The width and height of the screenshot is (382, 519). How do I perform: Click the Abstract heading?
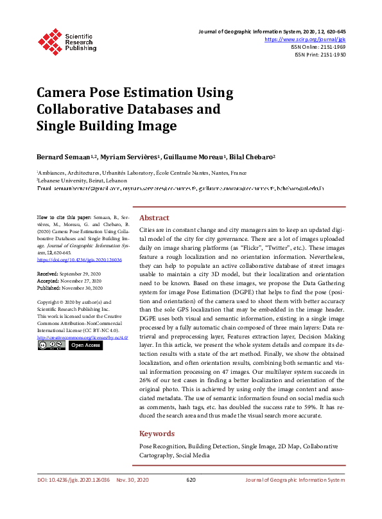(x=154, y=218)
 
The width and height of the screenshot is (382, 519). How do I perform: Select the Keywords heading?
(x=157, y=434)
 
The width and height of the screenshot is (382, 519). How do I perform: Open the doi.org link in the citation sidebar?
(x=79, y=259)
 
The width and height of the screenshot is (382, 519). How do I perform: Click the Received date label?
(x=49, y=273)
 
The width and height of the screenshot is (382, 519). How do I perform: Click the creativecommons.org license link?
(x=82, y=337)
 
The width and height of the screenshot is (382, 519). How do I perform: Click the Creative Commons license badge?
(x=51, y=346)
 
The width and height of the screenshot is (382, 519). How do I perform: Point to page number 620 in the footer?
(x=191, y=480)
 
